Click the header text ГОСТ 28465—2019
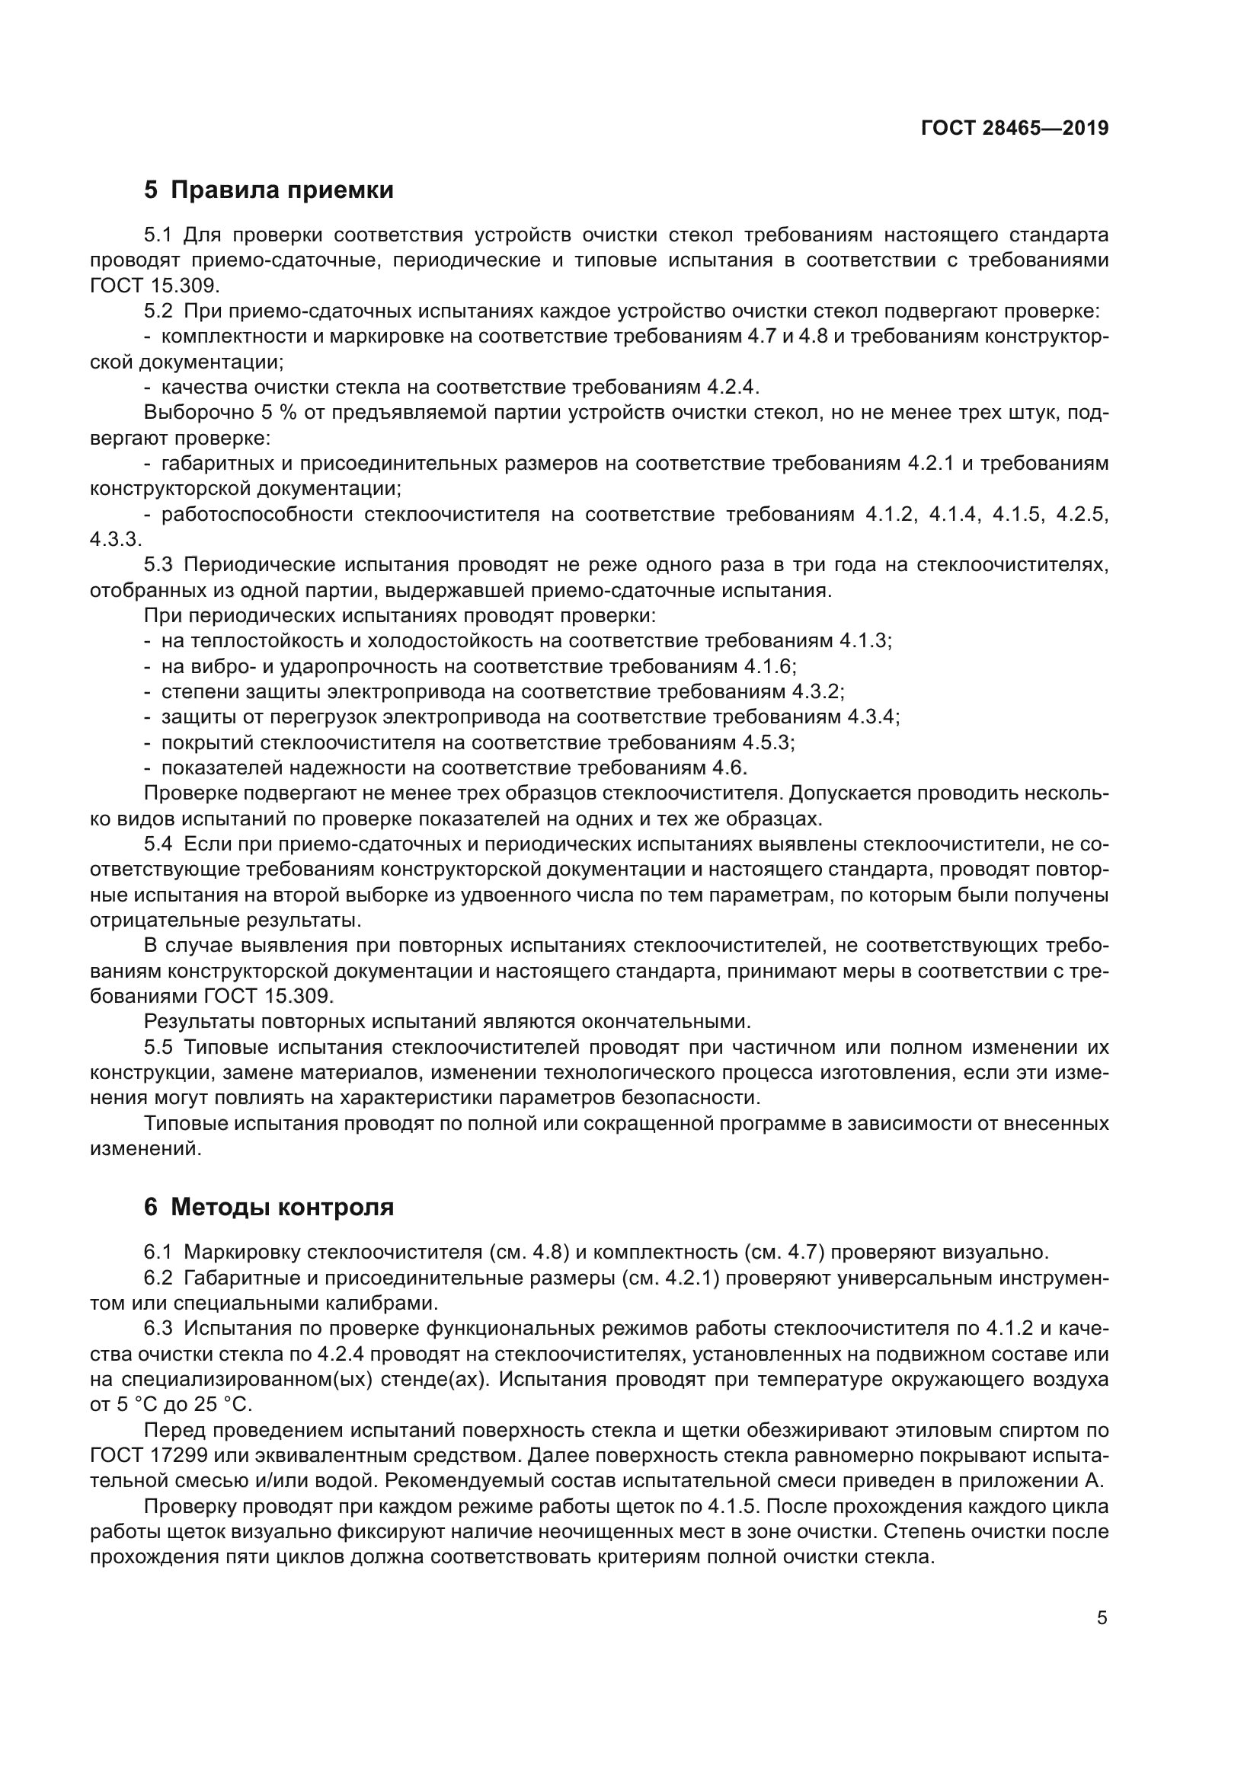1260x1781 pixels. click(x=1014, y=129)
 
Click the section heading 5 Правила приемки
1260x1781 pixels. click(x=268, y=190)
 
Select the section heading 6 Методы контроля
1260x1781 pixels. click(x=268, y=1207)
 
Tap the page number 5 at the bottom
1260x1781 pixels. click(x=1102, y=1618)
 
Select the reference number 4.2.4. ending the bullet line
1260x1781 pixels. click(x=732, y=387)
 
